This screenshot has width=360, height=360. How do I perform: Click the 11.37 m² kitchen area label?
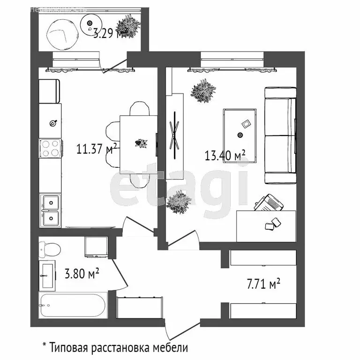[96, 149]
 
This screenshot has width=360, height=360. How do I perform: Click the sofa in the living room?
[280, 136]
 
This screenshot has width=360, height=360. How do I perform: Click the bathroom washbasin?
[48, 276]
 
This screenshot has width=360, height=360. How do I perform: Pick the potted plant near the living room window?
[202, 90]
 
